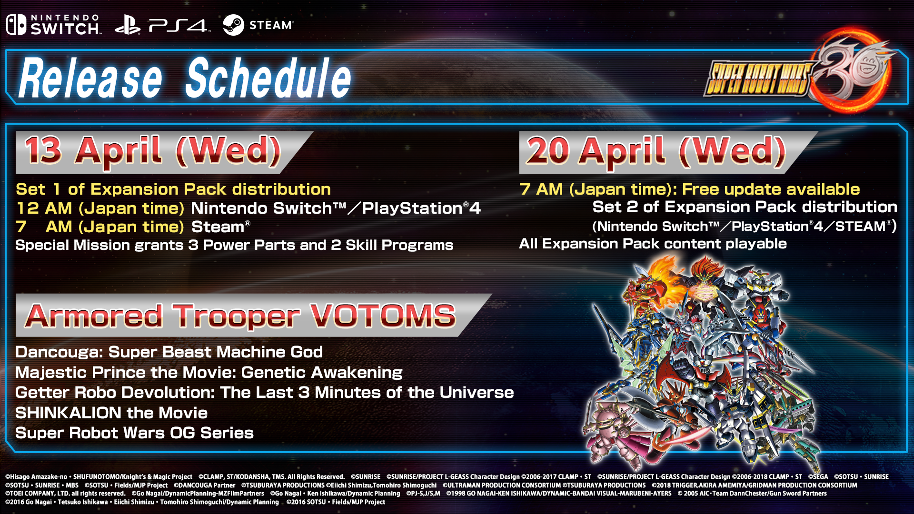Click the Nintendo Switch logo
(x=54, y=25)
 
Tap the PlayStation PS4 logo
(x=162, y=25)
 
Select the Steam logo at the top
(x=258, y=25)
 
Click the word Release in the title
(x=90, y=78)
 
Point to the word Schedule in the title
(x=268, y=78)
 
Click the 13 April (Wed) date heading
(x=153, y=151)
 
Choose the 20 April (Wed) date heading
(x=656, y=151)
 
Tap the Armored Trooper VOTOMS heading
(x=241, y=316)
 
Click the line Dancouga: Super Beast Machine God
(x=169, y=352)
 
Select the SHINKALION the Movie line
(x=111, y=413)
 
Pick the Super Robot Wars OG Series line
(x=134, y=433)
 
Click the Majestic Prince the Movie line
(x=209, y=372)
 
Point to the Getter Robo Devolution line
(x=265, y=393)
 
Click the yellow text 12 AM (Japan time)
(x=100, y=208)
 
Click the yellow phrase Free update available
(x=771, y=189)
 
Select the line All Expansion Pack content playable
(x=653, y=244)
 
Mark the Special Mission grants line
(x=234, y=245)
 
